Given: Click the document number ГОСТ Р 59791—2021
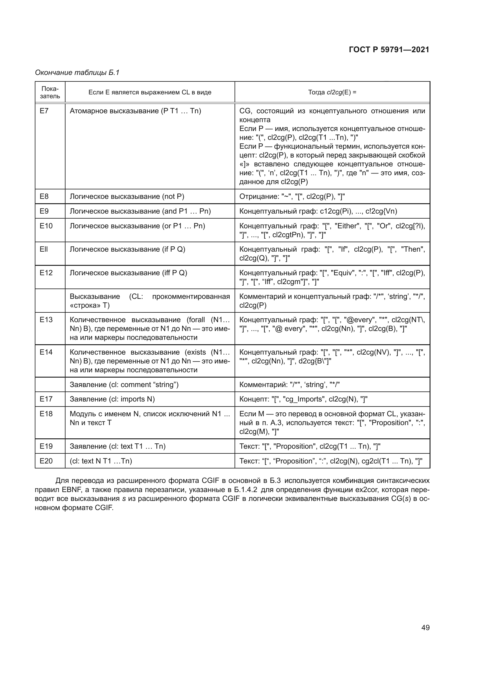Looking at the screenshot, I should click(389, 50).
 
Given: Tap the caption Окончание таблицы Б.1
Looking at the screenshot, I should click(77, 73).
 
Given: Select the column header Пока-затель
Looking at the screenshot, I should click(50, 92).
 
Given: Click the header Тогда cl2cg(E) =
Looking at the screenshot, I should click(332, 92).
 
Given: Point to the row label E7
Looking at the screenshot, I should click(44, 111).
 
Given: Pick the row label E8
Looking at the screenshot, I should click(44, 196).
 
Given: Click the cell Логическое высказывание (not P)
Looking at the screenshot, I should click(127, 196).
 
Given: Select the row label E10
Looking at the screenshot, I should click(46, 226).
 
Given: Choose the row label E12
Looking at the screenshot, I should click(46, 273).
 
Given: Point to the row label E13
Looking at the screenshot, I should click(46, 319).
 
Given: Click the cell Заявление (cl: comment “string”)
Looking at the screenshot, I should click(124, 385).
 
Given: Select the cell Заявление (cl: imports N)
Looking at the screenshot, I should click(112, 399).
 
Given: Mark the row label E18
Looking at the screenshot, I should click(46, 414).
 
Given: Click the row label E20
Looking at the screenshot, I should click(46, 461).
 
